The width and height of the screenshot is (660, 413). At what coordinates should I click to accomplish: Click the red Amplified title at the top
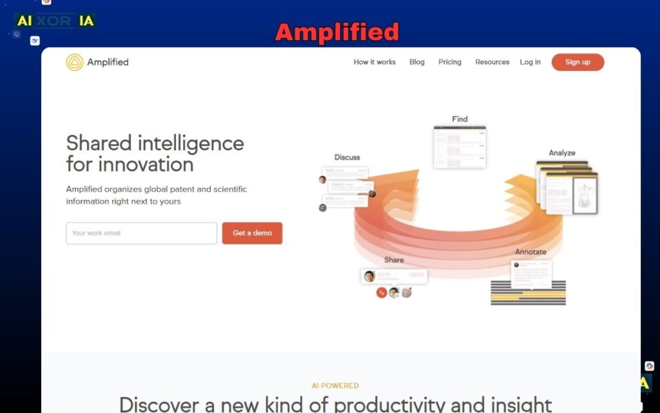click(x=337, y=32)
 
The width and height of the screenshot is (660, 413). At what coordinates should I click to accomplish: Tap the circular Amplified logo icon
click(x=75, y=62)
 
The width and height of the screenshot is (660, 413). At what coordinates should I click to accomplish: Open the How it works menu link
click(x=374, y=62)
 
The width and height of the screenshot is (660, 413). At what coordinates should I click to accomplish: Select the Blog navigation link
click(x=417, y=62)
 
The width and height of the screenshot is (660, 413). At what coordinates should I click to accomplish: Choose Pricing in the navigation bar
click(x=450, y=62)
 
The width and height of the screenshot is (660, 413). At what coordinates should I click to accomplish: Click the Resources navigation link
click(x=492, y=62)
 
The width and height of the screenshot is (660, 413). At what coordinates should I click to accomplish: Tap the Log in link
click(x=530, y=62)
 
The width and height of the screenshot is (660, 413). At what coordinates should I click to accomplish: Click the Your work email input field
click(x=141, y=233)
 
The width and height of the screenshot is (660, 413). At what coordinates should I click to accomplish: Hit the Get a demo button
click(x=252, y=233)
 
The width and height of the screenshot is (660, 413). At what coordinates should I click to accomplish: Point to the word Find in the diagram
click(x=460, y=119)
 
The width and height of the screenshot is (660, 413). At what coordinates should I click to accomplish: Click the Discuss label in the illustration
click(x=347, y=157)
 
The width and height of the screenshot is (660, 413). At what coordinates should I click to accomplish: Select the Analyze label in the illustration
click(x=562, y=153)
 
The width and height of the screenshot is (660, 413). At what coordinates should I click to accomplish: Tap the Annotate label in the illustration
click(x=530, y=252)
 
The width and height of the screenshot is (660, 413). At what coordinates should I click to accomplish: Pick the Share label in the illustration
click(x=394, y=259)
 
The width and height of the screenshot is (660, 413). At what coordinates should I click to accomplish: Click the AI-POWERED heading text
click(x=335, y=386)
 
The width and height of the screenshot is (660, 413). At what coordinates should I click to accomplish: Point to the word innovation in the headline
click(x=146, y=164)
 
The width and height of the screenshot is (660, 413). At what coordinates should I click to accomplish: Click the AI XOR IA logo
click(x=55, y=21)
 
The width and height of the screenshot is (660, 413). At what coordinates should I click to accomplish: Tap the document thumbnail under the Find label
click(x=460, y=147)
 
